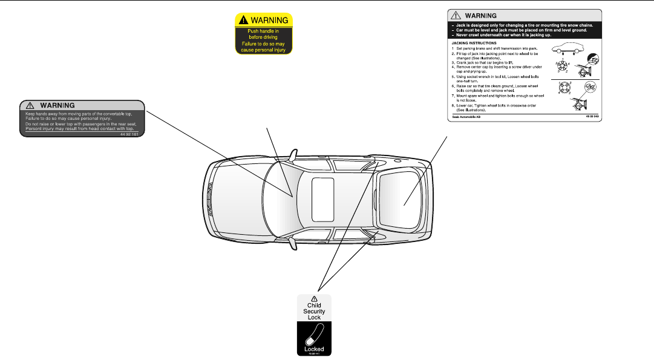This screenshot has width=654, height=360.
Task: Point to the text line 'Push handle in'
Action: pyautogui.click(x=264, y=31)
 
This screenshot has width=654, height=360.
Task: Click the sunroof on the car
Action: pyautogui.click(x=322, y=199)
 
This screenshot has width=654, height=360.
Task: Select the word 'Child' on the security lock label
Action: pyautogui.click(x=314, y=306)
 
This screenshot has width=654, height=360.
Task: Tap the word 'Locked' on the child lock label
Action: pyautogui.click(x=315, y=349)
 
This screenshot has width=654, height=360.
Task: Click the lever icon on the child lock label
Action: pyautogui.click(x=315, y=335)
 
